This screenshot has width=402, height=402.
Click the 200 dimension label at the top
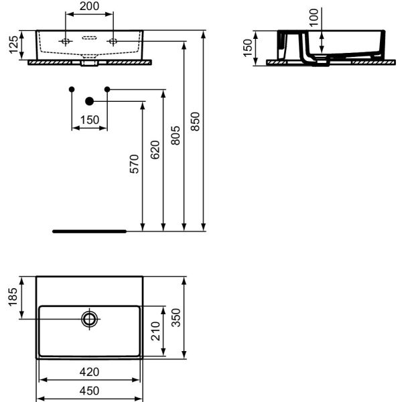[89, 6]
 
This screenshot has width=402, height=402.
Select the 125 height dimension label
[14, 45]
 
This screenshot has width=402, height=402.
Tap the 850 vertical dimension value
[195, 121]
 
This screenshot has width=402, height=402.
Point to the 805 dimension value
[176, 135]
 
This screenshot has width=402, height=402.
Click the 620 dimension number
[155, 150]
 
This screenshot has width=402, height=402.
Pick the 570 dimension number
[135, 164]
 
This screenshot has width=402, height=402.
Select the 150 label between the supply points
[90, 120]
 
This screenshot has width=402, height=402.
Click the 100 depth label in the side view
[314, 17]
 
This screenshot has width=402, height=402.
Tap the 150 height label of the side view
[248, 48]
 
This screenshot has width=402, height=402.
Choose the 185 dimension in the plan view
[13, 297]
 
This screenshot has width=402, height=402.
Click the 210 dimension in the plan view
[155, 331]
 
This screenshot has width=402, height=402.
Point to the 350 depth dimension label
[176, 318]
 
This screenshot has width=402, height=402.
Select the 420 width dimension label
[89, 372]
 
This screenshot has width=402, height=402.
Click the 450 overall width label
[89, 391]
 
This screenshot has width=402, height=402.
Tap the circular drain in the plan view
[90, 319]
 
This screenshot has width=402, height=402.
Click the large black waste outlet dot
[90, 102]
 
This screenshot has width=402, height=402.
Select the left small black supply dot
[72, 89]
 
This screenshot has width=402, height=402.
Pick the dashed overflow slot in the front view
[89, 38]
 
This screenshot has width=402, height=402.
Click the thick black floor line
[90, 231]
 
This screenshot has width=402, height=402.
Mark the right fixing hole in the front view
[113, 41]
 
